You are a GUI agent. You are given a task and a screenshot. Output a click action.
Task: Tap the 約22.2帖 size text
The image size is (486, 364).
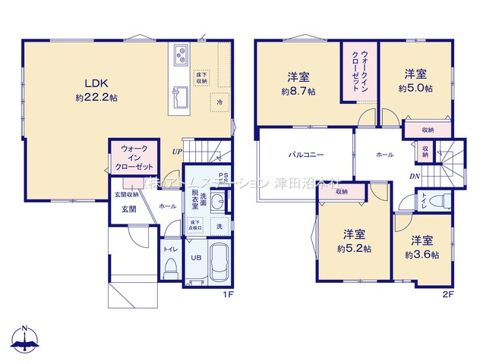[96, 98]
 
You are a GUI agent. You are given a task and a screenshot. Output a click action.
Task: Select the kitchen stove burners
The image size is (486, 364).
[182, 55]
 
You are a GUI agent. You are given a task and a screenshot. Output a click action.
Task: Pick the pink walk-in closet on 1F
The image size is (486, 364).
[134, 156]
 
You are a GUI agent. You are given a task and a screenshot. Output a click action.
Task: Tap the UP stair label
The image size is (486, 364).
[176, 151]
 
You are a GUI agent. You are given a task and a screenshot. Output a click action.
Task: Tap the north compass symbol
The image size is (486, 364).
[25, 340]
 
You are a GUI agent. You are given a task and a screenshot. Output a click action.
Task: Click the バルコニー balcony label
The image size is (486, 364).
[306, 155]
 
